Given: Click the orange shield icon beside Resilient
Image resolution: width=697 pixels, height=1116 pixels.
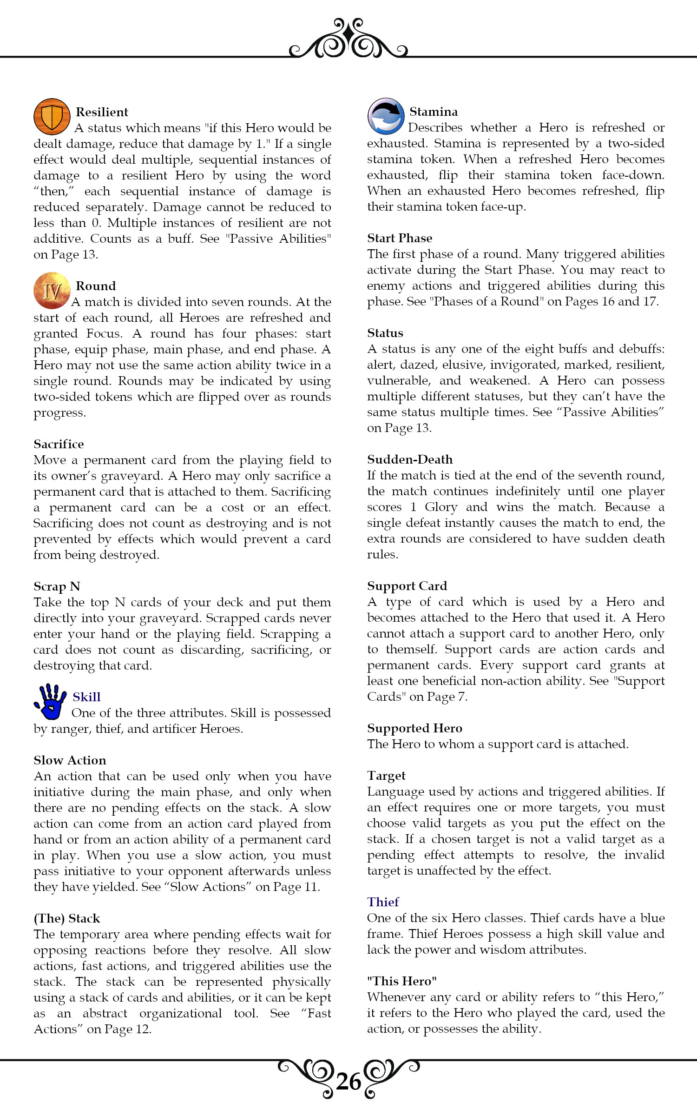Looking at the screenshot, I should pyautogui.click(x=52, y=116).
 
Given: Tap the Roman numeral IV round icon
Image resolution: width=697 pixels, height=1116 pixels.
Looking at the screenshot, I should pyautogui.click(x=52, y=291).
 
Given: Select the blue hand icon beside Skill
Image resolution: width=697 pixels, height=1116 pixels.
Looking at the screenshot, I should pyautogui.click(x=50, y=701).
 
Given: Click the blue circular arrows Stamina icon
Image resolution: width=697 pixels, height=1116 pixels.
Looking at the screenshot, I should pyautogui.click(x=386, y=116).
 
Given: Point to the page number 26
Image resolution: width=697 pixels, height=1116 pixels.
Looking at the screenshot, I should pyautogui.click(x=348, y=1082).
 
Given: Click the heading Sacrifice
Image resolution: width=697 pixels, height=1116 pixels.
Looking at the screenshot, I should pyautogui.click(x=59, y=444).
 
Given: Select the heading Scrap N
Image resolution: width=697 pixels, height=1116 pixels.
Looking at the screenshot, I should pyautogui.click(x=57, y=586).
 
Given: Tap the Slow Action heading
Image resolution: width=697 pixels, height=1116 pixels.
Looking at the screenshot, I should pyautogui.click(x=70, y=760).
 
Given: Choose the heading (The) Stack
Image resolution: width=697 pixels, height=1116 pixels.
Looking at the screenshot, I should pyautogui.click(x=67, y=918).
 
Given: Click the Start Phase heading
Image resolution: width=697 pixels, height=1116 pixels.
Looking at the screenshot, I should pyautogui.click(x=400, y=238).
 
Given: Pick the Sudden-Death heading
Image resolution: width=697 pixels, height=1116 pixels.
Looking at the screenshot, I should pyautogui.click(x=410, y=459).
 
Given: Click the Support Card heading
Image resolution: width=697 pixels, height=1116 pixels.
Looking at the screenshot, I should pyautogui.click(x=407, y=586).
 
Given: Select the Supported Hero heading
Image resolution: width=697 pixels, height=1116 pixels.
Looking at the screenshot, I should pyautogui.click(x=414, y=728).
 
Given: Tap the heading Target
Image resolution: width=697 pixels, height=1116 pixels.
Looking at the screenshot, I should pyautogui.click(x=386, y=776).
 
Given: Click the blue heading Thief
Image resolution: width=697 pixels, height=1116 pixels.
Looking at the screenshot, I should pyautogui.click(x=383, y=902).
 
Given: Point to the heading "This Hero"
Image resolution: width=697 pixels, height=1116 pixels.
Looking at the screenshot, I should pyautogui.click(x=402, y=981).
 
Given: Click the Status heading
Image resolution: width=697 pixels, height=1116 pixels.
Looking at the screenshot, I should pyautogui.click(x=385, y=333).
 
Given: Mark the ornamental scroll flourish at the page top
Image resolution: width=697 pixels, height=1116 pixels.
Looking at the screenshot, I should pyautogui.click(x=348, y=40).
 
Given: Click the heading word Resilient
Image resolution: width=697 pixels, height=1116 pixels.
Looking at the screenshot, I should pyautogui.click(x=102, y=112).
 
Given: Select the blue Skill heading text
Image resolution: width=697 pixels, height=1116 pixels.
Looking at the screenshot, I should pyautogui.click(x=86, y=697).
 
